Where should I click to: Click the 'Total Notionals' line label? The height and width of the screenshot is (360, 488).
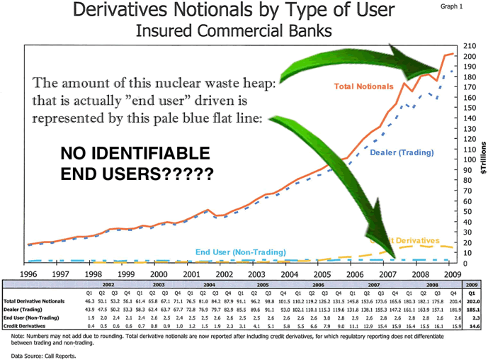tap(363, 86)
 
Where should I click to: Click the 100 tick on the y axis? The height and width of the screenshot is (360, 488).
tap(468, 160)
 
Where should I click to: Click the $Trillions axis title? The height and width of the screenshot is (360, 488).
tap(482, 157)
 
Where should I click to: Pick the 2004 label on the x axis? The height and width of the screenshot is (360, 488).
tap(289, 274)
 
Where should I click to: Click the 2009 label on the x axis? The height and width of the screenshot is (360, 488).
tap(453, 274)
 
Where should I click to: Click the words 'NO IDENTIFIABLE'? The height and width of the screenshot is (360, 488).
tap(135, 154)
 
